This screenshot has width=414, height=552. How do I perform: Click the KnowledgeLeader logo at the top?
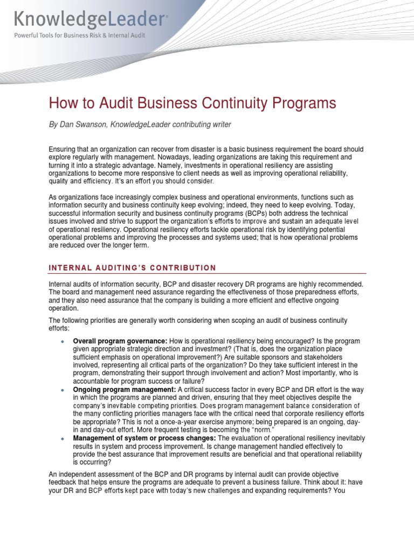click(90, 20)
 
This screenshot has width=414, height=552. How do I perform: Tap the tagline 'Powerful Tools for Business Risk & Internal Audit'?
click(80, 36)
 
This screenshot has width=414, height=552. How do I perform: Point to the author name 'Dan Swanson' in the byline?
click(81, 125)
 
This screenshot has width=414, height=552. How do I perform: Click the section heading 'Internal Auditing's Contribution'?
click(133, 267)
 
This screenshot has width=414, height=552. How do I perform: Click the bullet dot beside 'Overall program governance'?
click(63, 342)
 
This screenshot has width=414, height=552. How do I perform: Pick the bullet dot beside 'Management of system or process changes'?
click(63, 439)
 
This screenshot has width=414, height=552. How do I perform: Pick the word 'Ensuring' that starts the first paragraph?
click(64, 149)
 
